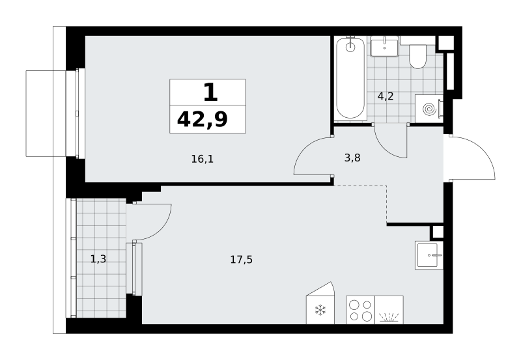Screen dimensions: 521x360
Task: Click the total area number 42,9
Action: click(x=203, y=120)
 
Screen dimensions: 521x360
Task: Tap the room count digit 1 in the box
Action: click(x=210, y=92)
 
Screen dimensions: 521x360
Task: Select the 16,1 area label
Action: click(x=203, y=159)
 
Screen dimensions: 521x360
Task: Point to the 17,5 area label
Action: click(x=241, y=259)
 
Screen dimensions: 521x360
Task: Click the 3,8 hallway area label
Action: click(x=352, y=158)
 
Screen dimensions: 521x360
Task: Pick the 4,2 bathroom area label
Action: click(x=386, y=96)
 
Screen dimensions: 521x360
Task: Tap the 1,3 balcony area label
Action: click(x=98, y=258)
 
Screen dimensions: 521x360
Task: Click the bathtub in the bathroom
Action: click(x=350, y=79)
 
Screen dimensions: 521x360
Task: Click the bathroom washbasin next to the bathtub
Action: click(x=384, y=47)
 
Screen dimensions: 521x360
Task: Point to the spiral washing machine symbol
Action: click(x=429, y=109)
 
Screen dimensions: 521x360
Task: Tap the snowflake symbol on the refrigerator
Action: click(x=320, y=310)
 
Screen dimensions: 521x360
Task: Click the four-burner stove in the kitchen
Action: click(x=361, y=310)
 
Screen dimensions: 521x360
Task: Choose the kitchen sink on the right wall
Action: click(x=429, y=255)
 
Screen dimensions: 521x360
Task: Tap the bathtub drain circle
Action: click(x=350, y=47)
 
